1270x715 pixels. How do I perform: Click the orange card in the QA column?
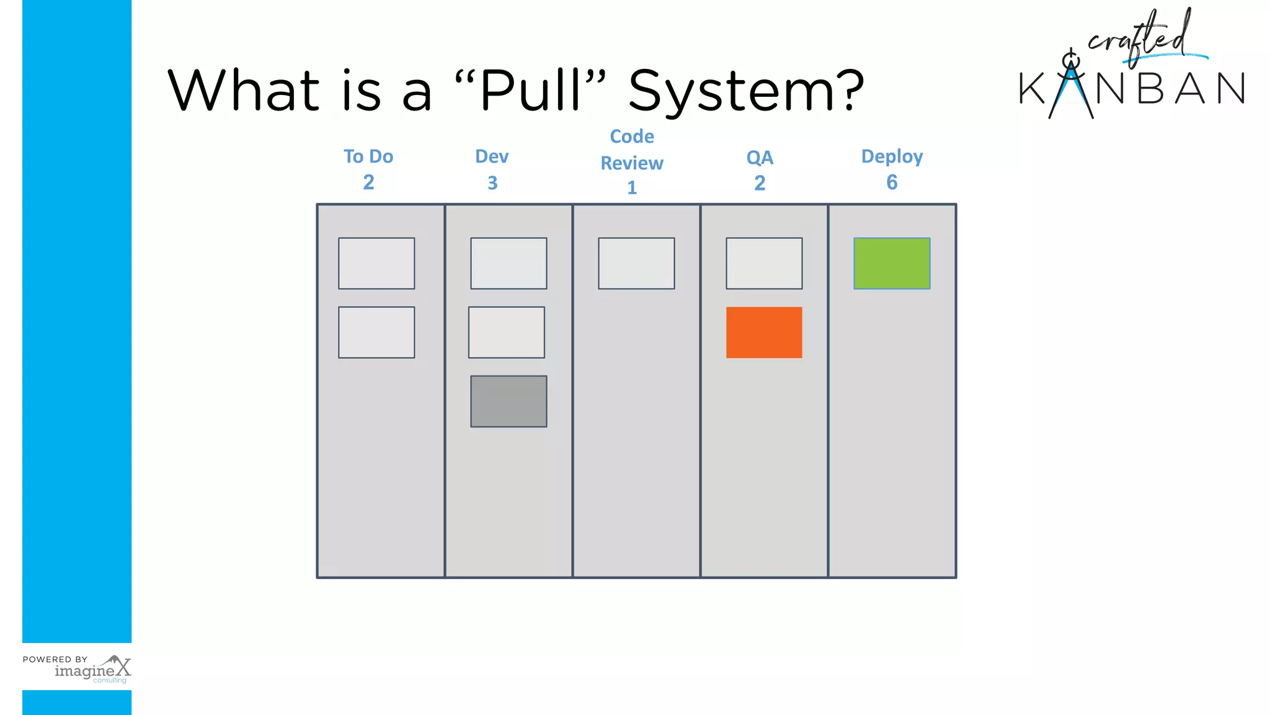tap(764, 332)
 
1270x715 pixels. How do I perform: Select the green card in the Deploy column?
tap(892, 263)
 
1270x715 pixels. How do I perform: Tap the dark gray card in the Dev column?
tap(508, 401)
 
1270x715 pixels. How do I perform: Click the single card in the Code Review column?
tap(636, 263)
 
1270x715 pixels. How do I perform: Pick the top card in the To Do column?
tap(376, 263)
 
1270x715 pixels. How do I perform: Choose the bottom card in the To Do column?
tap(376, 332)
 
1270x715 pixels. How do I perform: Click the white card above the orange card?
tap(764, 263)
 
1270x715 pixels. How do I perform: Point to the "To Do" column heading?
tap(368, 156)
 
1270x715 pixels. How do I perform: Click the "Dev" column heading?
tap(492, 156)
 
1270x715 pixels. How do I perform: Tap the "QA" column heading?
tap(760, 158)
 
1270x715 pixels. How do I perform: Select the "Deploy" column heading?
tap(892, 156)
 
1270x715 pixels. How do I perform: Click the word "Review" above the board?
tap(632, 163)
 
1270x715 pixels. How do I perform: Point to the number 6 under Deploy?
tap(892, 182)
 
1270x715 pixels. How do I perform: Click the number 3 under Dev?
tap(492, 183)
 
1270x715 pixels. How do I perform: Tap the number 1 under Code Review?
tap(632, 187)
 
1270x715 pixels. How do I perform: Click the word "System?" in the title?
tap(746, 91)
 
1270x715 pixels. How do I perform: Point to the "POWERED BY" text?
tap(55, 659)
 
